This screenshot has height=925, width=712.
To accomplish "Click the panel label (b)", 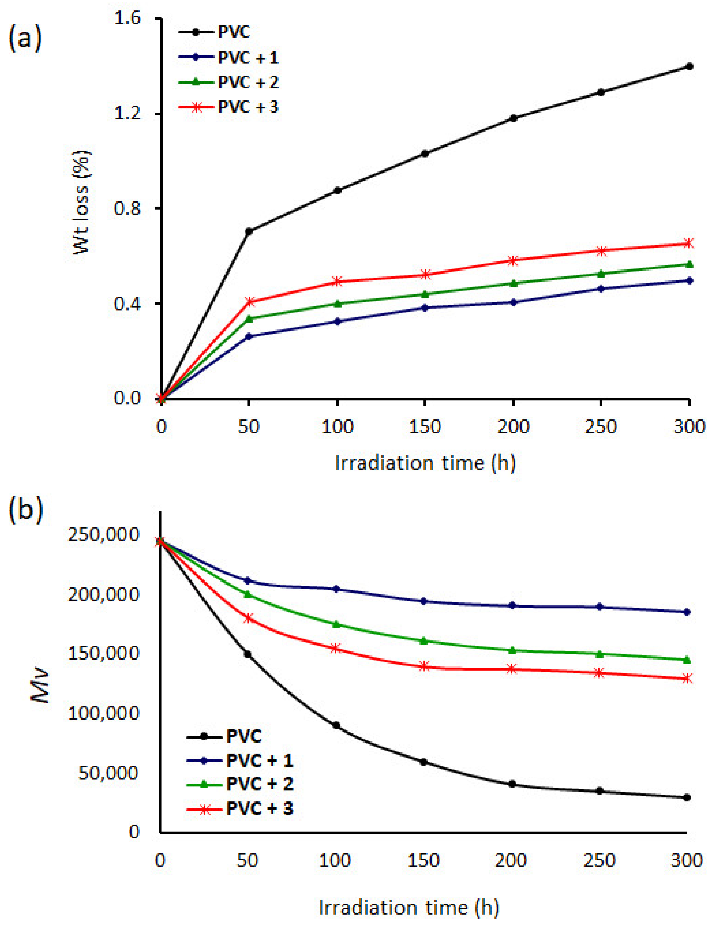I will pos(25,510).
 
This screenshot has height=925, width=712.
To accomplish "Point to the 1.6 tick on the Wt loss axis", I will pos(127,19).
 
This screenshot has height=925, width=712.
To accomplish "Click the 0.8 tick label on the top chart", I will pos(127,208).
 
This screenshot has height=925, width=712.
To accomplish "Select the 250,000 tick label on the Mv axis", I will pos(104,535).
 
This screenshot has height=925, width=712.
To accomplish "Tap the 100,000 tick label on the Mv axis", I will pos(104,713).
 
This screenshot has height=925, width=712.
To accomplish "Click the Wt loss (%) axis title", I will pos(81,202).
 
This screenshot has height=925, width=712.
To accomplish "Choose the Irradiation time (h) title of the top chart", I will pos(425,463).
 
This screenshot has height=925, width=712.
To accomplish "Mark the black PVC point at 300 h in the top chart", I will pos(689,66).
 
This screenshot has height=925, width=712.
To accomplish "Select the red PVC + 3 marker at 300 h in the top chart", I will pos(689,243).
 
